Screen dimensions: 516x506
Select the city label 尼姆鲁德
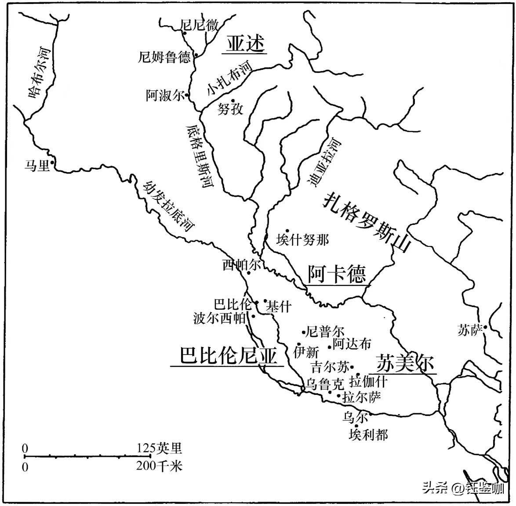click(x=164, y=57)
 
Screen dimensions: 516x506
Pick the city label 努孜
click(x=230, y=109)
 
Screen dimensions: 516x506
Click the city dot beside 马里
click(x=52, y=163)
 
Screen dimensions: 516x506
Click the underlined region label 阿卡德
click(x=336, y=274)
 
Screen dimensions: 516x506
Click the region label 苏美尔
click(x=405, y=364)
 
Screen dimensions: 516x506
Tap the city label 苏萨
click(x=470, y=330)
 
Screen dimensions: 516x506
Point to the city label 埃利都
click(x=368, y=435)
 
